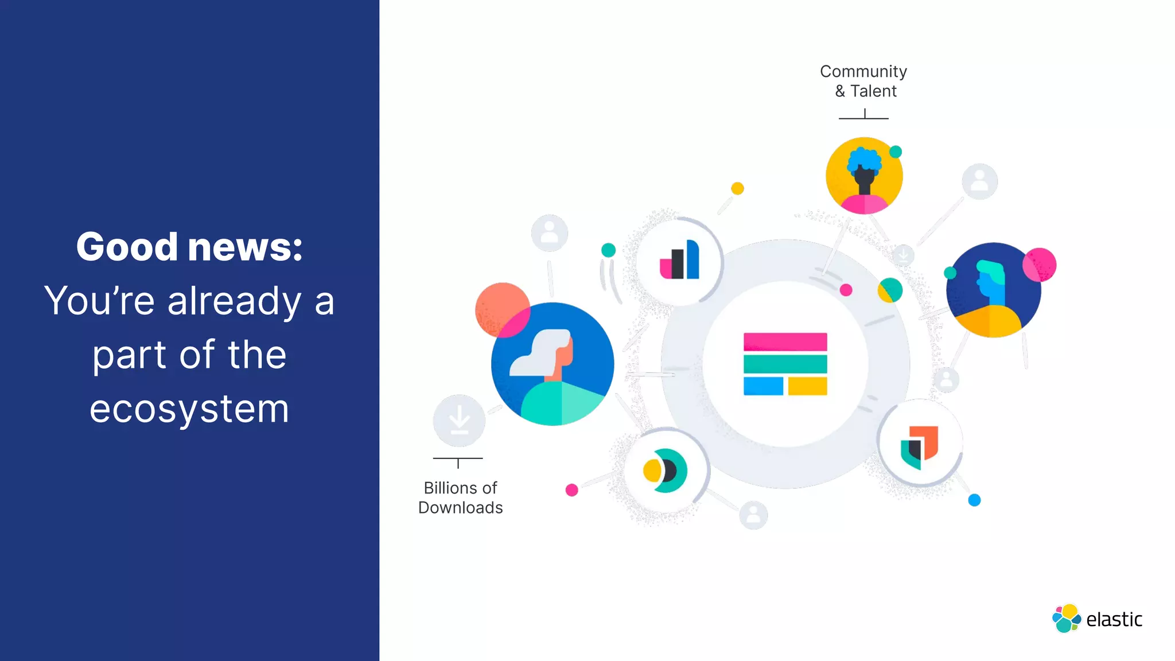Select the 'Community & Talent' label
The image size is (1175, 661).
click(x=863, y=81)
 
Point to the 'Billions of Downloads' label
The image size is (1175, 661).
click(x=460, y=497)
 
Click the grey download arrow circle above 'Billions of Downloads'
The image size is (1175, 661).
click(x=459, y=421)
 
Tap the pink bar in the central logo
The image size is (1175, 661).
click(x=785, y=342)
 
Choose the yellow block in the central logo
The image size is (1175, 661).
click(x=807, y=386)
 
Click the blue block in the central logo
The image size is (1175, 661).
click(x=763, y=386)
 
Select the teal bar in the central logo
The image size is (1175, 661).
click(x=785, y=364)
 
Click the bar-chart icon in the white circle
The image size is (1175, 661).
click(x=679, y=261)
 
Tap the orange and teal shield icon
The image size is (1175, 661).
click(x=919, y=446)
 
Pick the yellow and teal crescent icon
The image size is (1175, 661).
click(x=664, y=471)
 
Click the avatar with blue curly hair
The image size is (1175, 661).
click(x=864, y=176)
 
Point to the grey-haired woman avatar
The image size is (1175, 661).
click(x=552, y=364)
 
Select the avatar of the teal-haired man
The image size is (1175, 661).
click(x=993, y=290)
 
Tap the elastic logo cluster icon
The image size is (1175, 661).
click(x=1067, y=619)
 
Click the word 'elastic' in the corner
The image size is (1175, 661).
click(x=1114, y=620)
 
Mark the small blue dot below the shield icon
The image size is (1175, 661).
click(x=974, y=500)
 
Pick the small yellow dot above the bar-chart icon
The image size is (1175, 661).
click(x=737, y=188)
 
